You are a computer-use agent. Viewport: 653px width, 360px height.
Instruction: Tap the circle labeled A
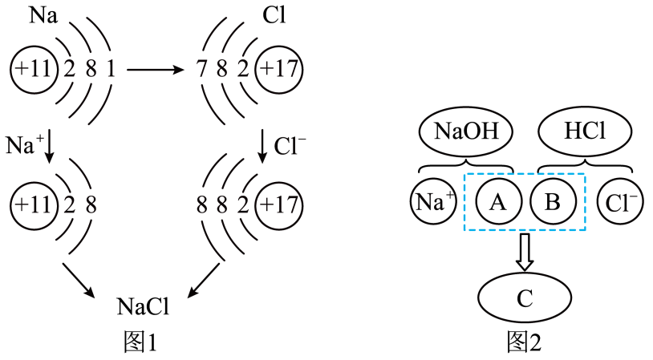click(x=497, y=203)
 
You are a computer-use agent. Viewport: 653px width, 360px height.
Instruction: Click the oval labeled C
click(x=525, y=298)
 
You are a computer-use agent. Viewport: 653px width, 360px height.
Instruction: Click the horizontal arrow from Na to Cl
click(x=160, y=70)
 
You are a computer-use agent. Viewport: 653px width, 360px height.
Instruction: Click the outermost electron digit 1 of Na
click(x=110, y=70)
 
